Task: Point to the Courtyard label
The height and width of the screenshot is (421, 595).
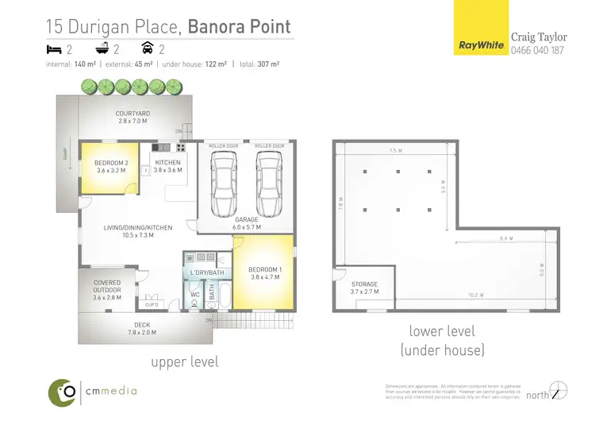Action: (x=133, y=118)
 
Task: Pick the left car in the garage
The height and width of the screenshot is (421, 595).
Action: (x=223, y=181)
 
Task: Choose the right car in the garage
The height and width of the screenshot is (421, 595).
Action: (x=268, y=181)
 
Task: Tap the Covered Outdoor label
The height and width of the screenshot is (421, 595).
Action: (x=107, y=287)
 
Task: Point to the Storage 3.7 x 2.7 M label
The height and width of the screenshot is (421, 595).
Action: (x=365, y=288)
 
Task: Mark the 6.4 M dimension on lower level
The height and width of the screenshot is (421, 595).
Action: (x=505, y=238)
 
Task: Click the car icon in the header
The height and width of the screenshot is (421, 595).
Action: (x=147, y=49)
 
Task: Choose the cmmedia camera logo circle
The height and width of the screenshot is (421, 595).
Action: (x=63, y=390)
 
